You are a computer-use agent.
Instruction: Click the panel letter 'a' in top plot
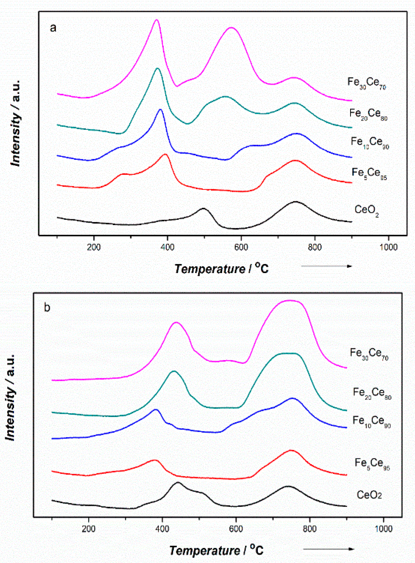tap(53, 28)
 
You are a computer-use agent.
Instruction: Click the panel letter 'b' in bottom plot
tap(47, 307)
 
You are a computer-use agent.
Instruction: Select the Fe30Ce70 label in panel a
tap(366, 83)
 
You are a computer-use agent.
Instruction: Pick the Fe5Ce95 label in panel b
tap(372, 463)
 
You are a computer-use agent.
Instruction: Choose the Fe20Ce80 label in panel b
tap(372, 393)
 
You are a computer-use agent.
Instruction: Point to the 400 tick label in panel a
tap(167, 247)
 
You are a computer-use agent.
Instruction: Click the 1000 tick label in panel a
tap(388, 247)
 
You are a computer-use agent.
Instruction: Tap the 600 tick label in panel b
tap(236, 529)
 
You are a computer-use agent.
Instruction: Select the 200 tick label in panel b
tap(88, 529)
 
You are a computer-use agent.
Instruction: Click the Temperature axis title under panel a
tap(221, 268)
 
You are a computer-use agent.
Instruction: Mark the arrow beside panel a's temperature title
tap(327, 266)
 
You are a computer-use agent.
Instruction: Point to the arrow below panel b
tap(328, 549)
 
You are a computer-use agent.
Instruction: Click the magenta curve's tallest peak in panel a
tap(157, 20)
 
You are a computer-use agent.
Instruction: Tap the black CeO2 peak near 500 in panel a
tap(203, 208)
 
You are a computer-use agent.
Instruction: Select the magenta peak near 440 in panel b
tap(176, 322)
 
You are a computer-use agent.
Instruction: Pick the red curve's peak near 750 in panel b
tap(291, 451)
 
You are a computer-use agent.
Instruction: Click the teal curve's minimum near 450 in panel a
tap(187, 124)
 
